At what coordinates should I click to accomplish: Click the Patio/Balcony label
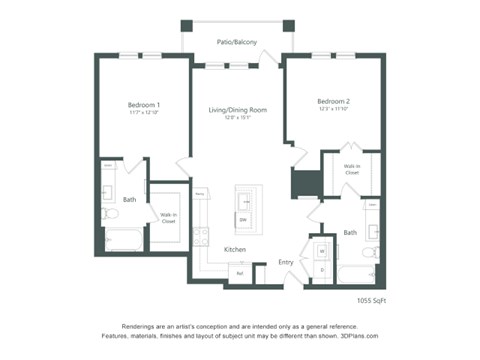(237, 42)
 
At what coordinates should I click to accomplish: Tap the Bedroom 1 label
(144, 104)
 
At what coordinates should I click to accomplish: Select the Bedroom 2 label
(333, 101)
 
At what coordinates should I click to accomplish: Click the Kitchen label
(235, 249)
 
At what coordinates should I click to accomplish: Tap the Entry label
(286, 262)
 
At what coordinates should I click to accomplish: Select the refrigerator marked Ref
(239, 271)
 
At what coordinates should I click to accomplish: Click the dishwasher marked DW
(242, 219)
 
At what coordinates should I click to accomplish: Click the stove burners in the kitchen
(199, 238)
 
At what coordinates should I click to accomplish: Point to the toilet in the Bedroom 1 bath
(109, 214)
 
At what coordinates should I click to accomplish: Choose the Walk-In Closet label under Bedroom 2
(351, 169)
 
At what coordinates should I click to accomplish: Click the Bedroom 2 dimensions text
(333, 111)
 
